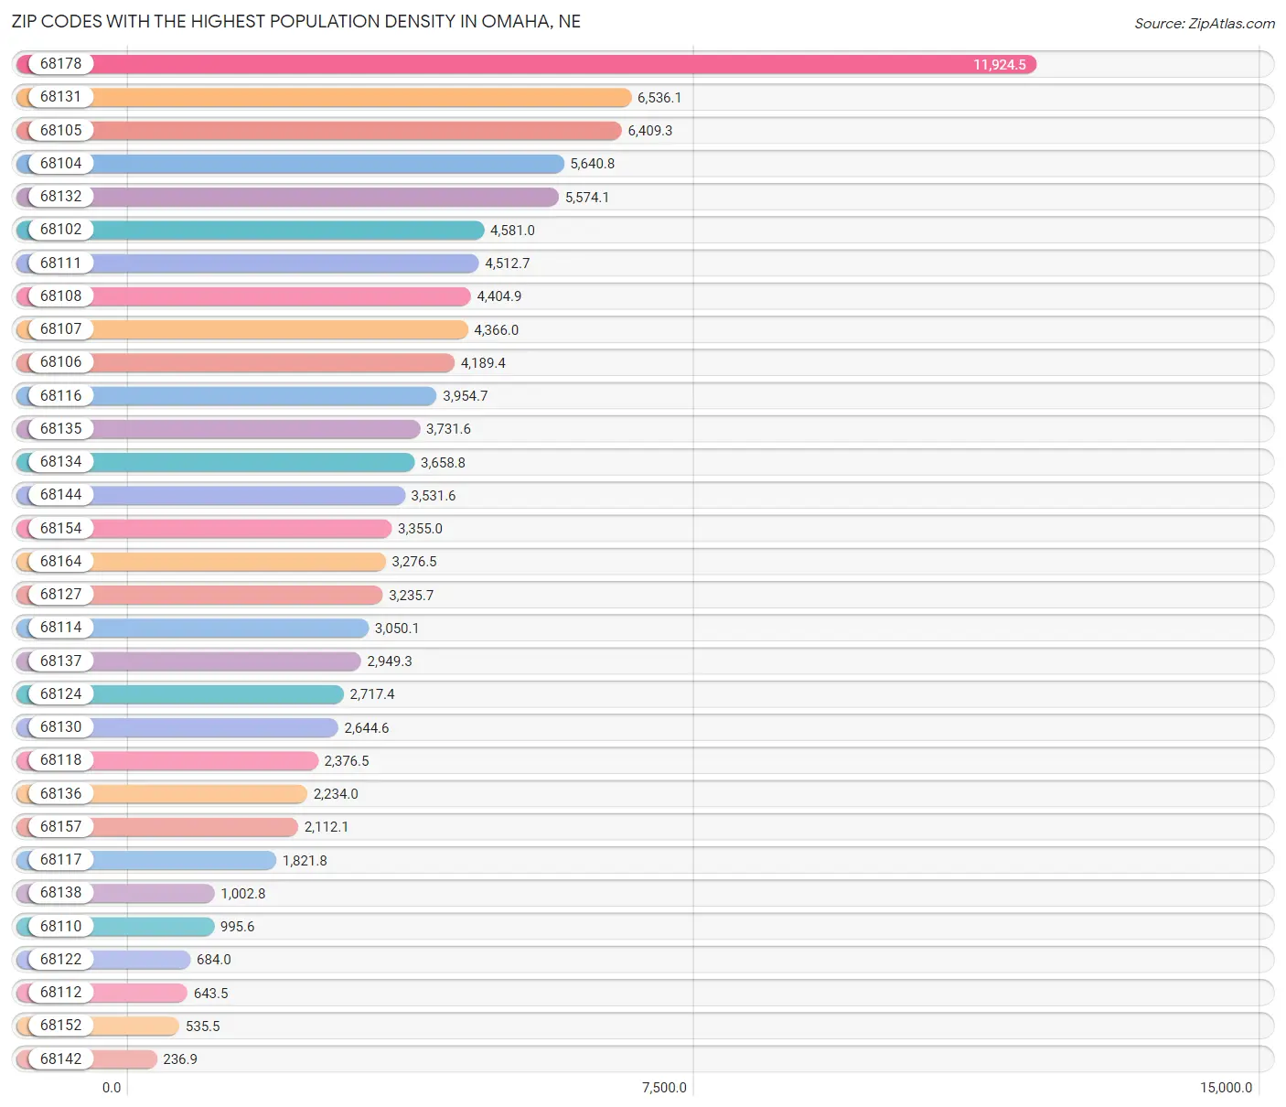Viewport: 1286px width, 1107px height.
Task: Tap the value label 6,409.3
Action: pyautogui.click(x=649, y=131)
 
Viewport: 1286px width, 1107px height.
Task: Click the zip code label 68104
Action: pyautogui.click(x=60, y=164)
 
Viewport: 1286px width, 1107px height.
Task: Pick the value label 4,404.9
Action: pyautogui.click(x=498, y=296)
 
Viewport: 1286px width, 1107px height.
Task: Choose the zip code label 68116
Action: pyautogui.click(x=60, y=395)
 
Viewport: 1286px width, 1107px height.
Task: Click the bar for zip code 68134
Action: pyautogui.click(x=252, y=462)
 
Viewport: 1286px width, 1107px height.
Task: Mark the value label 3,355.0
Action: pyautogui.click(x=420, y=529)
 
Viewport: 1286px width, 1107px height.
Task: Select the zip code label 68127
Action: pyautogui.click(x=60, y=595)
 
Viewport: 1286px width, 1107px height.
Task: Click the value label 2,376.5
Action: pyautogui.click(x=347, y=761)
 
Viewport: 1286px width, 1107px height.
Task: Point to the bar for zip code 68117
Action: pyautogui.click(x=183, y=860)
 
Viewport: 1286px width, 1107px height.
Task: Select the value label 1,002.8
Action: pyautogui.click(x=242, y=894)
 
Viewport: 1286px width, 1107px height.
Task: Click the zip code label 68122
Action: pyautogui.click(x=60, y=959)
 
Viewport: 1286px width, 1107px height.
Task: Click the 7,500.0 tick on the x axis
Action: pyautogui.click(x=664, y=1088)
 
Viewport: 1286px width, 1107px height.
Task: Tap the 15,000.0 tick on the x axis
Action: pyautogui.click(x=1226, y=1088)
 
